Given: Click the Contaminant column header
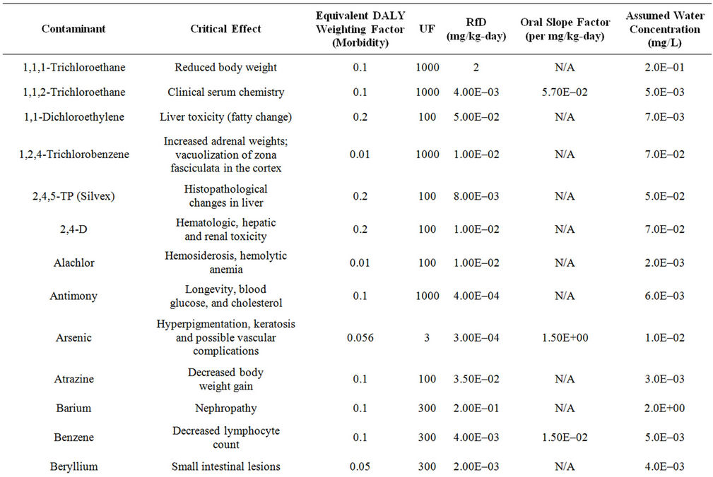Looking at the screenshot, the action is [73, 29].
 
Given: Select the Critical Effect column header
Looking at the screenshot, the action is [225, 29].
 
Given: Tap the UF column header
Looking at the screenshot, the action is [427, 29].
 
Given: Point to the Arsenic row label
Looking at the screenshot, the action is [73, 338].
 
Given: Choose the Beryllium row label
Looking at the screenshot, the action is [73, 466].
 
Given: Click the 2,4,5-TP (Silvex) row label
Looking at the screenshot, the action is [73, 197].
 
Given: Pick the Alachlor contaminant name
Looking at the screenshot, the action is [73, 262].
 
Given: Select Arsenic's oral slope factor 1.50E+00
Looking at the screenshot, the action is [565, 338].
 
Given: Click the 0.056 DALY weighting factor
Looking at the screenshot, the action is [360, 338].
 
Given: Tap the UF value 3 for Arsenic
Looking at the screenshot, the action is [427, 338].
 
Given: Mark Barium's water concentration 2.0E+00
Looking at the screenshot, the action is [664, 408].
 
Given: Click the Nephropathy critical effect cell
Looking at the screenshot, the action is [225, 409].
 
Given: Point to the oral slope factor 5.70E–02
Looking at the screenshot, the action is [565, 92].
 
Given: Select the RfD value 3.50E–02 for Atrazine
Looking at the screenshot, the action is [476, 379].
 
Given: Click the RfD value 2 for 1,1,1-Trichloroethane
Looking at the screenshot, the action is [476, 68].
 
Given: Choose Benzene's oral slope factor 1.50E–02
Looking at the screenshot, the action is [565, 437].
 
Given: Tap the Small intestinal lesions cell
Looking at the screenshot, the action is [225, 466].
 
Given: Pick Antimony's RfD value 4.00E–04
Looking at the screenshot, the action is [476, 296].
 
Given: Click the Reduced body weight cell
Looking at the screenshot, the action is [225, 68].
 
